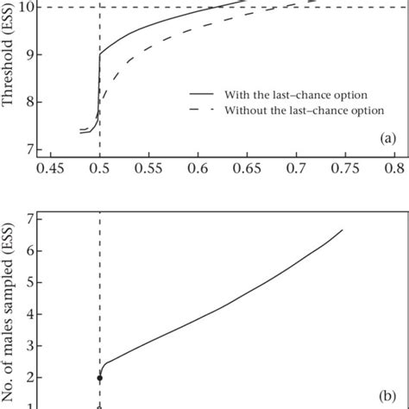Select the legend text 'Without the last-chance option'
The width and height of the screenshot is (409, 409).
click(289, 110)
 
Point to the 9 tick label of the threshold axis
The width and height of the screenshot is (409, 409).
click(33, 54)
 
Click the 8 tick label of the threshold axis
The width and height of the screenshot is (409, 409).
click(33, 102)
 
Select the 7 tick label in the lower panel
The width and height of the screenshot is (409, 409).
click(33, 217)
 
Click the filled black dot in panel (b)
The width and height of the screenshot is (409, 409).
click(99, 378)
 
